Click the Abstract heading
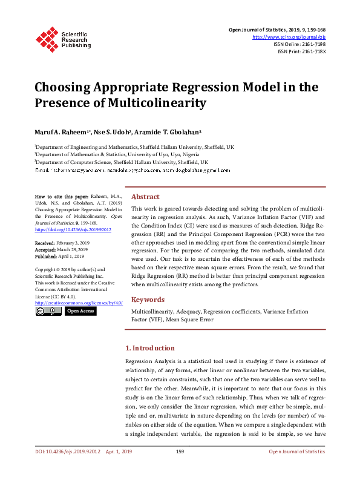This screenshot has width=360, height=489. click(x=145, y=197)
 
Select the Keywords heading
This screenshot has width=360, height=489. click(x=148, y=300)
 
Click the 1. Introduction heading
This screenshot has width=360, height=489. click(x=149, y=348)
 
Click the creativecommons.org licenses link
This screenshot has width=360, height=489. click(x=79, y=302)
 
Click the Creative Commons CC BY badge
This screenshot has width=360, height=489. click(x=48, y=311)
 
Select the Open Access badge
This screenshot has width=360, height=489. click(x=80, y=311)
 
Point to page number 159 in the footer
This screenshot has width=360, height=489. click(x=180, y=451)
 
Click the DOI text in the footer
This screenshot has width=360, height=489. click(x=66, y=451)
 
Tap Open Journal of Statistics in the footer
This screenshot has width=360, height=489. click(x=296, y=451)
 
